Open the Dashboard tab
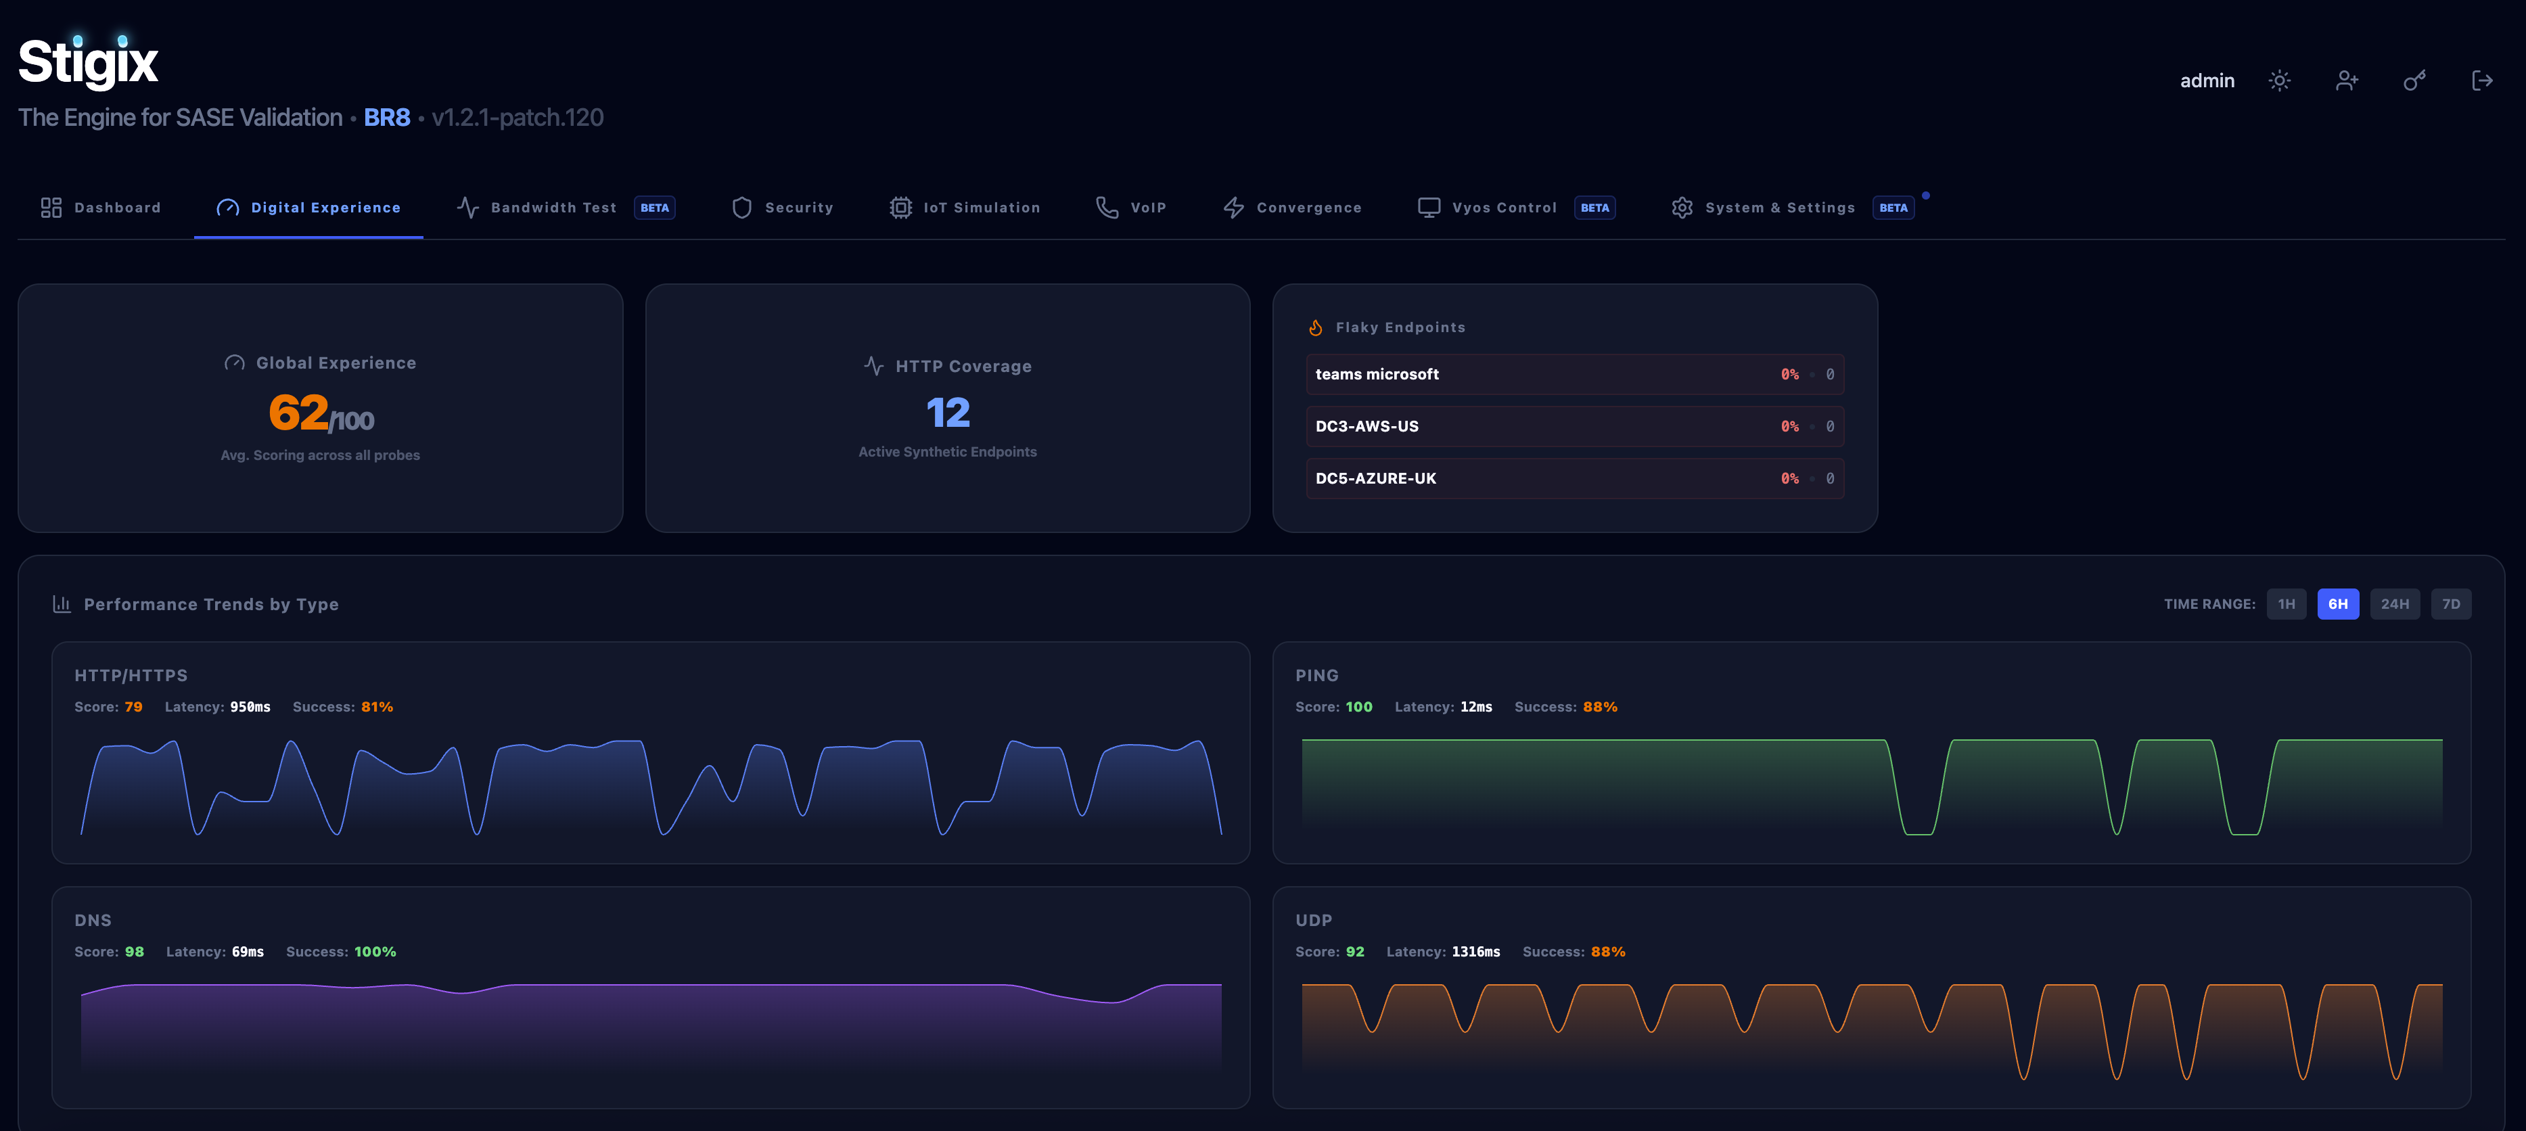(x=101, y=208)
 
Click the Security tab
(x=783, y=208)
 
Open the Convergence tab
(x=1292, y=208)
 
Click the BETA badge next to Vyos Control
(x=1594, y=208)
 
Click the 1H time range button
(x=2286, y=604)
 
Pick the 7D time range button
(x=2450, y=604)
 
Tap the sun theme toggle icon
(x=2280, y=80)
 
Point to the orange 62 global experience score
(x=298, y=413)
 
